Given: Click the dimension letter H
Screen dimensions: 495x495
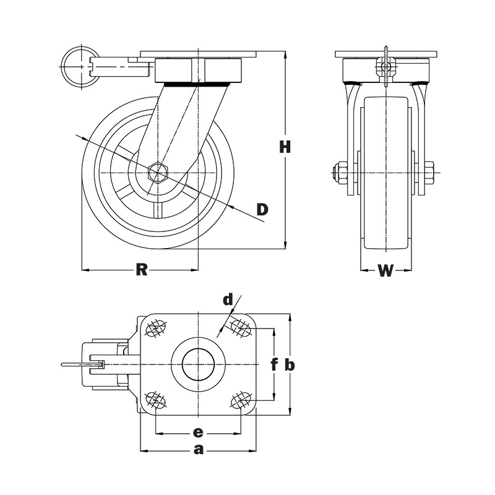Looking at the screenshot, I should [x=285, y=147].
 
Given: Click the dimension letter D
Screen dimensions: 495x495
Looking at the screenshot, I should [x=262, y=209].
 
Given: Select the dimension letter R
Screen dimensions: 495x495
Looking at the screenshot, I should [x=142, y=270].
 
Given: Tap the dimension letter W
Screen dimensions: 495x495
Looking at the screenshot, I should [x=385, y=271].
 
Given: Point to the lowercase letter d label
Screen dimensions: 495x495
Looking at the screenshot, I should [x=228, y=300].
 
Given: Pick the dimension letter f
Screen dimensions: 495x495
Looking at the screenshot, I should [x=274, y=364].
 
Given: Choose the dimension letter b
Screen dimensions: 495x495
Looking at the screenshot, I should [x=290, y=364].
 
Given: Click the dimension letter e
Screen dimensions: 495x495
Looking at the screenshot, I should [x=198, y=431].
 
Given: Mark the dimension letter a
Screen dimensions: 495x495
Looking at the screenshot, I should [x=198, y=450].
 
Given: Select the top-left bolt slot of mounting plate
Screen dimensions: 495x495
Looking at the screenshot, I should [x=156, y=328].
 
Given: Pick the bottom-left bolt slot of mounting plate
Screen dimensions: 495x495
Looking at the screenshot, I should [x=155, y=400].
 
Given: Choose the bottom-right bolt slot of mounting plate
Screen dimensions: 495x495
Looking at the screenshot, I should [x=239, y=401].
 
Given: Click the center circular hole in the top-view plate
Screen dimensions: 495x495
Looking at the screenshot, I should [x=198, y=364].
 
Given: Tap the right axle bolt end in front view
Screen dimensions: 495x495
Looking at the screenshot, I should [x=429, y=173].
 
